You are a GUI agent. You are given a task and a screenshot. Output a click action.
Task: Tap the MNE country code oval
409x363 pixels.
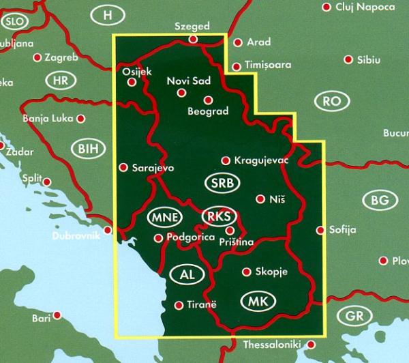coord(164,218)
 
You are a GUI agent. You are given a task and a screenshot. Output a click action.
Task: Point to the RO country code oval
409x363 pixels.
coord(332,102)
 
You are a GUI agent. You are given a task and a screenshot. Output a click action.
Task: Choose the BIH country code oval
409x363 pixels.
coord(88,147)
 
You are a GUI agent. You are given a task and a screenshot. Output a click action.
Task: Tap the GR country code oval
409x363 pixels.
coord(354,317)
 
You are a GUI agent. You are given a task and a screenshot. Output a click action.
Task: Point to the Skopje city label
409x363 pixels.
coord(271,272)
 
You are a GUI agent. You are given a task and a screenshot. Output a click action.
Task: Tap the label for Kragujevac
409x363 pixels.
coord(262,160)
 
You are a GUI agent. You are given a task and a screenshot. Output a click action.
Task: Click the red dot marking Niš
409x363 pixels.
coord(260,199)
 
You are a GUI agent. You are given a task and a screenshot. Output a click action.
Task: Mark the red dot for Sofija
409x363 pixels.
coord(320,230)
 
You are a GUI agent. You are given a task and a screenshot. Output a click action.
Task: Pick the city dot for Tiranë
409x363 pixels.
coord(179,306)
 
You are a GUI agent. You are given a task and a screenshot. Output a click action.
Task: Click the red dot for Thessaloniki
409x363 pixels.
coord(311,345)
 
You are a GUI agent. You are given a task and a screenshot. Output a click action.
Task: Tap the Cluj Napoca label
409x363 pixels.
coord(365,7)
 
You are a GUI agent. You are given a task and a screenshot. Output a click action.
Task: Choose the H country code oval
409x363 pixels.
coord(106,14)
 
